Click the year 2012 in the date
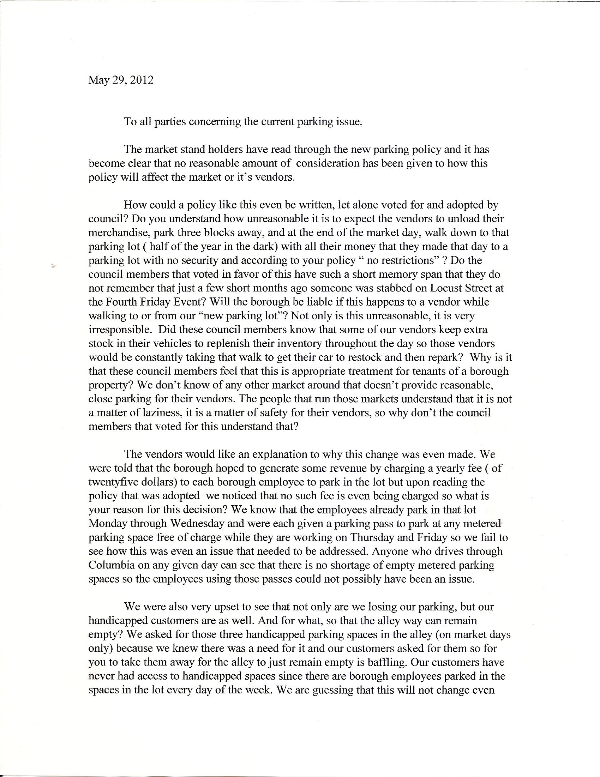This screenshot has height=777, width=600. (x=142, y=80)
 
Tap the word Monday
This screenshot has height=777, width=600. (x=108, y=523)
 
